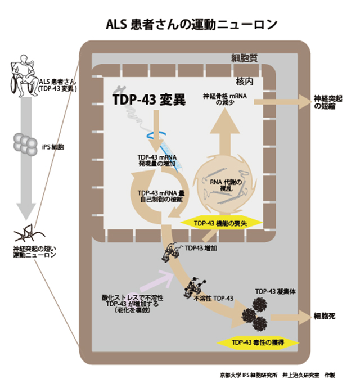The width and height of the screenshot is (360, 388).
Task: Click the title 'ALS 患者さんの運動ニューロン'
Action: click(x=191, y=24)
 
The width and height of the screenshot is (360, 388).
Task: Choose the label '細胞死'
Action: click(x=325, y=316)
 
